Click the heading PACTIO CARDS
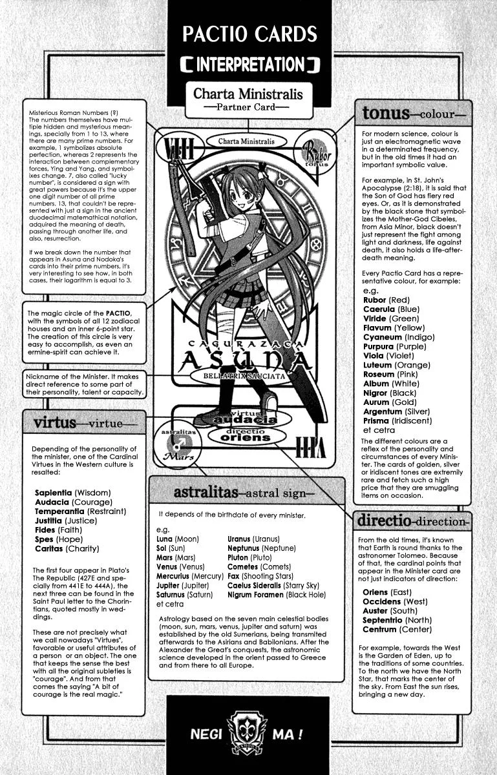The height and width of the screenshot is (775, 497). (248, 34)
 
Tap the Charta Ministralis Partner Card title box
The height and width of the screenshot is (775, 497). (248, 99)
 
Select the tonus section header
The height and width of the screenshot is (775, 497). (413, 114)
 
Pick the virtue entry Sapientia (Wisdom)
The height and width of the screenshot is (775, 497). (72, 493)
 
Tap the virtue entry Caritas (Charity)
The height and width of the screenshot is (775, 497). (67, 548)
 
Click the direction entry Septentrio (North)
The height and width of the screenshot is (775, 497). (397, 620)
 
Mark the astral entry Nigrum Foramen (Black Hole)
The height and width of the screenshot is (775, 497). (277, 594)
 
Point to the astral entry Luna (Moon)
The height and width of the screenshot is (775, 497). (178, 539)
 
